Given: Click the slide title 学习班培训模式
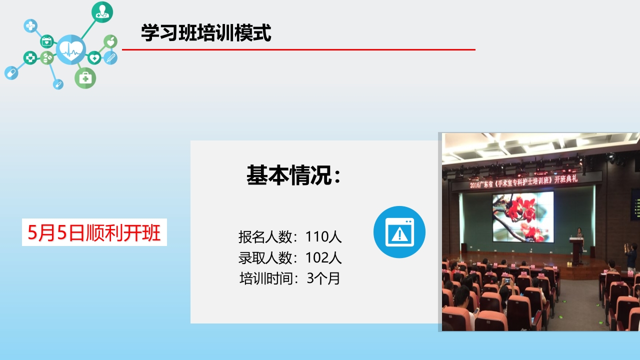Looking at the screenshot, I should point(206,33).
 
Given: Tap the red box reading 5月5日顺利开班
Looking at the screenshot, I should point(94,233).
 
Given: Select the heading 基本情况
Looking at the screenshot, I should point(293,175).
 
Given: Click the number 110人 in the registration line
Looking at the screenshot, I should point(323,236).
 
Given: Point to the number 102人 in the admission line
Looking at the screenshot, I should point(323,257).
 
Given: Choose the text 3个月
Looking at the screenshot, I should point(323,278).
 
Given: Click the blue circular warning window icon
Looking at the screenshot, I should point(399,232).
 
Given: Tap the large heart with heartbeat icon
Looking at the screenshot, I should point(71,49).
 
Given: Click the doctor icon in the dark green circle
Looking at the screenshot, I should point(102,12).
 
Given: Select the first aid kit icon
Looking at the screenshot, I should point(85,77).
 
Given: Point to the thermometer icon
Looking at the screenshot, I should point(110,58).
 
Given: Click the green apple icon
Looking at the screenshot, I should point(110,41).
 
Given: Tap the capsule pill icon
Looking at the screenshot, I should point(11,73).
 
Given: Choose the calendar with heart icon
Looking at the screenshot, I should point(46,41).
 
